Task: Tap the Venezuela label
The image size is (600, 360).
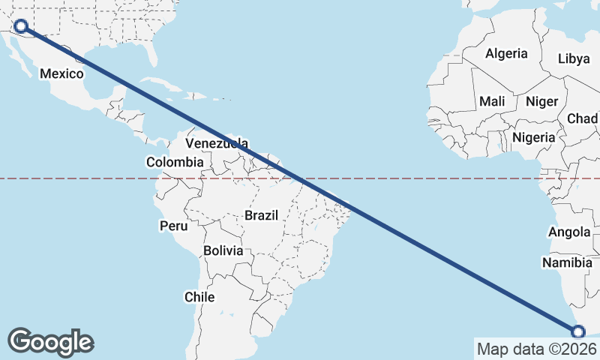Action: point(217,143)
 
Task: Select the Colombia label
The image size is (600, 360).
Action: point(175,162)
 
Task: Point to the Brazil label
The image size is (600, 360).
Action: point(261,215)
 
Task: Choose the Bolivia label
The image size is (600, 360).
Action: point(223,250)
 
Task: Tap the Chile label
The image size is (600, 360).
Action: point(199,297)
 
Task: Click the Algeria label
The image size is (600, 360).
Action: point(506,53)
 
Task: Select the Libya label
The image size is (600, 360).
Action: point(574,58)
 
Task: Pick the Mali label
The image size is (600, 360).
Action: point(492,101)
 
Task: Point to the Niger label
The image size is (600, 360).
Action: point(541,101)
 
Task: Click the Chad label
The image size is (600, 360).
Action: point(583,118)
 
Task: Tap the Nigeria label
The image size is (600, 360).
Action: point(534,137)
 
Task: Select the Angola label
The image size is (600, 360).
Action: point(569,232)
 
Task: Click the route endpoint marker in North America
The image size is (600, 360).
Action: point(21,27)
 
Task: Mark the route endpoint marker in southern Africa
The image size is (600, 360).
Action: point(578,331)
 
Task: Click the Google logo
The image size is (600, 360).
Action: point(51,342)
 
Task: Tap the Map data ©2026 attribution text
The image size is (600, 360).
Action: point(537,349)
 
